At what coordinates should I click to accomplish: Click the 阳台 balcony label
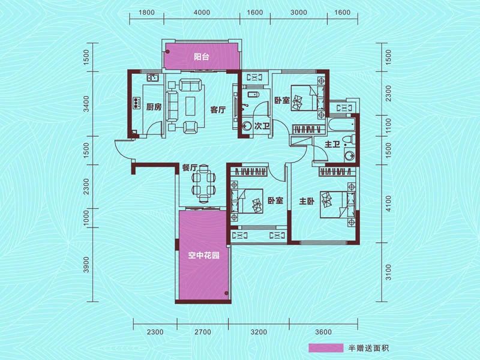(x=201, y=58)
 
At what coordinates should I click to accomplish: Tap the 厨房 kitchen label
(x=154, y=107)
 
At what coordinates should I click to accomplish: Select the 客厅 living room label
(x=217, y=110)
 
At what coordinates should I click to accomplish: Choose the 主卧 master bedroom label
(x=306, y=202)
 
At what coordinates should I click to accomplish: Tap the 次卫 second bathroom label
(x=261, y=127)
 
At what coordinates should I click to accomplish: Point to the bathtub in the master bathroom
(x=340, y=125)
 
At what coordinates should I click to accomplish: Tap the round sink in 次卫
(x=247, y=127)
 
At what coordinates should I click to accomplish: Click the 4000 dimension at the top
(x=202, y=13)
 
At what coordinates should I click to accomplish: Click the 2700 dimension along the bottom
(x=203, y=332)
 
